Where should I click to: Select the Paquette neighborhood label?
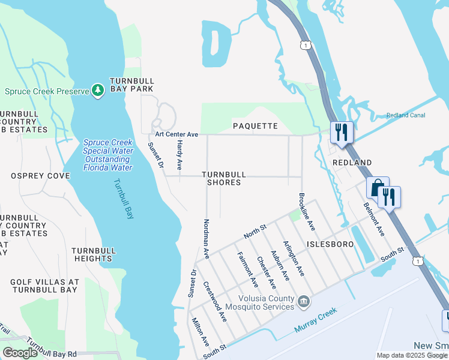point(255,126)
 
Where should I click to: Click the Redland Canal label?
point(406,115)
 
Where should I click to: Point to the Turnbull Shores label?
point(224,178)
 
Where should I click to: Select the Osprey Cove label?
point(40,176)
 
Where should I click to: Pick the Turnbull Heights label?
point(92,254)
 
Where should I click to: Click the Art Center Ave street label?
point(176,135)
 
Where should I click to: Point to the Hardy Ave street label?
point(179,155)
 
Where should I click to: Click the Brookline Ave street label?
point(306,212)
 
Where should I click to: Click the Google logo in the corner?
point(20,353)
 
